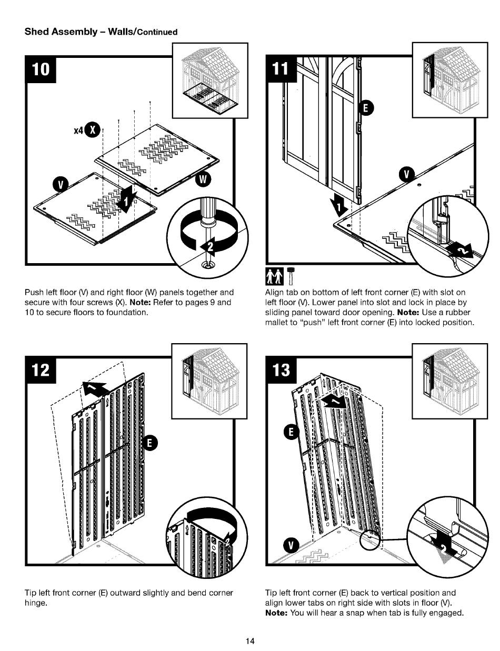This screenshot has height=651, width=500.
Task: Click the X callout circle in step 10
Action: [x=94, y=129]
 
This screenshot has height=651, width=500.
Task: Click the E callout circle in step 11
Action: [x=365, y=108]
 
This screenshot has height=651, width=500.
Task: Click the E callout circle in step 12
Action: [x=149, y=443]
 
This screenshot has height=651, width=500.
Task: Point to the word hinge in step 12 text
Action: [x=36, y=603]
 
